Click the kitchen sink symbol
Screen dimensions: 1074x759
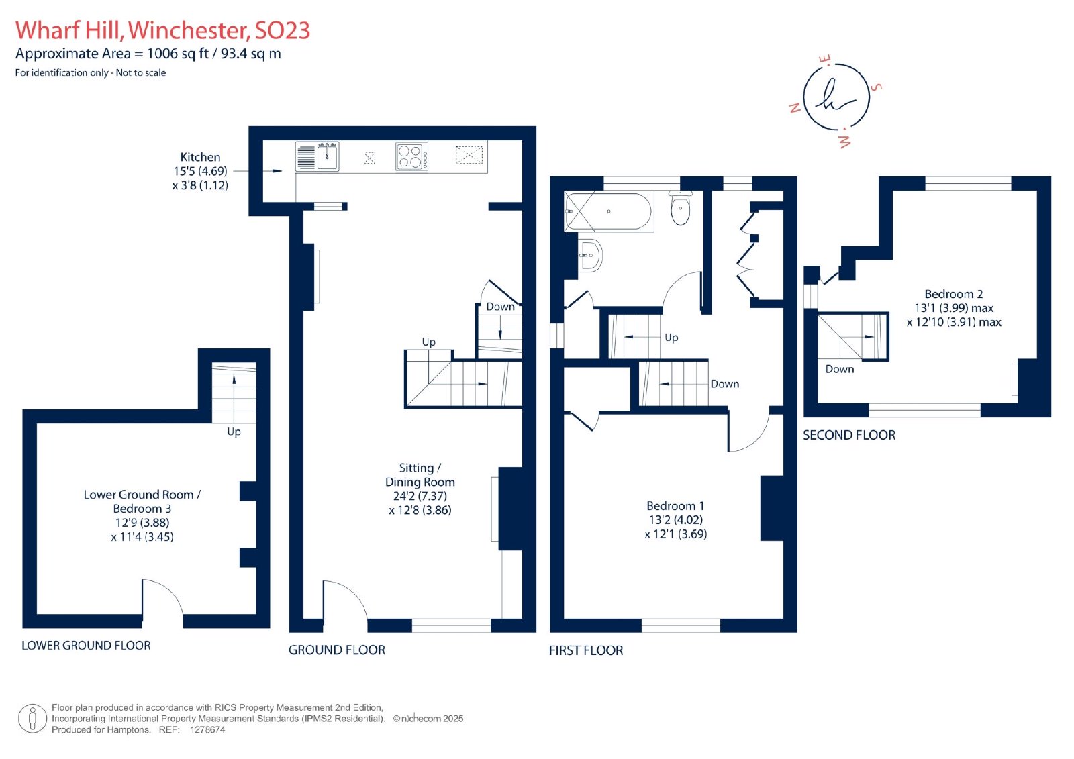317,156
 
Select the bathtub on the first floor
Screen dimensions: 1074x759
609,211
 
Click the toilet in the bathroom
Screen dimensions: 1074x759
681,207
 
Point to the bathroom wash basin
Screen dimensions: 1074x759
590,255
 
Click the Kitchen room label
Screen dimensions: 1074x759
200,171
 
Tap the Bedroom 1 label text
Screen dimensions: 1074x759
675,519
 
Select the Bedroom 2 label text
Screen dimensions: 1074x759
954,308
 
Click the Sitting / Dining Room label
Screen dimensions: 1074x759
420,489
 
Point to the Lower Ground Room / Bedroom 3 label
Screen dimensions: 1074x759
142,515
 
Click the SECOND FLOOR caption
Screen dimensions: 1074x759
849,435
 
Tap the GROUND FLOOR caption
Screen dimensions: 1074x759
336,650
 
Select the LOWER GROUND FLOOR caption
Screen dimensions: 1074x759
86,646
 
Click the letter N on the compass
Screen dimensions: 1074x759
795,108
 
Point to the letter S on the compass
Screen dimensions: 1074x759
876,87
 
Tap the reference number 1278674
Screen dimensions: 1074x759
207,729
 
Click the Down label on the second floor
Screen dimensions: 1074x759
840,369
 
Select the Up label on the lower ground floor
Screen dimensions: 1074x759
234,432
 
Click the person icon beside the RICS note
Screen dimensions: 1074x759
32,719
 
